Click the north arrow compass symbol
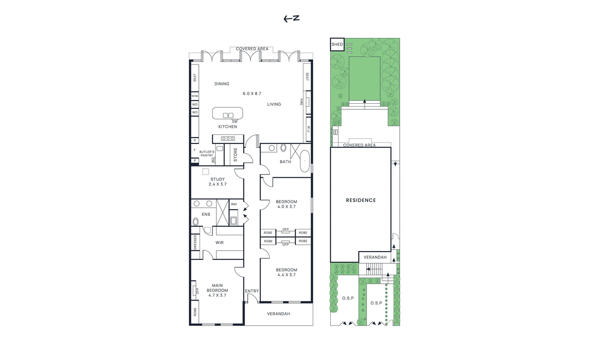(291, 18)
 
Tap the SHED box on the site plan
(337, 44)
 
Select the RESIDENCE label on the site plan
(361, 200)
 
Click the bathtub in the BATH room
(305, 161)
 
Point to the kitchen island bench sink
(228, 116)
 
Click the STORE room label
(236, 154)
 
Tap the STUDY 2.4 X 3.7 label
(218, 182)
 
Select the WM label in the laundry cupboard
(234, 204)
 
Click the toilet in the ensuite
(196, 222)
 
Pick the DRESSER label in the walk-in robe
(195, 242)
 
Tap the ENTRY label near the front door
(252, 291)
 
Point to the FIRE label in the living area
(301, 102)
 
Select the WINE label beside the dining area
(195, 96)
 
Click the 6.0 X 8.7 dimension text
(252, 93)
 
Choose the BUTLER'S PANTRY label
(207, 153)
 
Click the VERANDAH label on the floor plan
(278, 313)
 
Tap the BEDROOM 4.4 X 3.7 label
(286, 272)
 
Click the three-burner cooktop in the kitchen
(228, 138)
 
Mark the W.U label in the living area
(308, 129)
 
